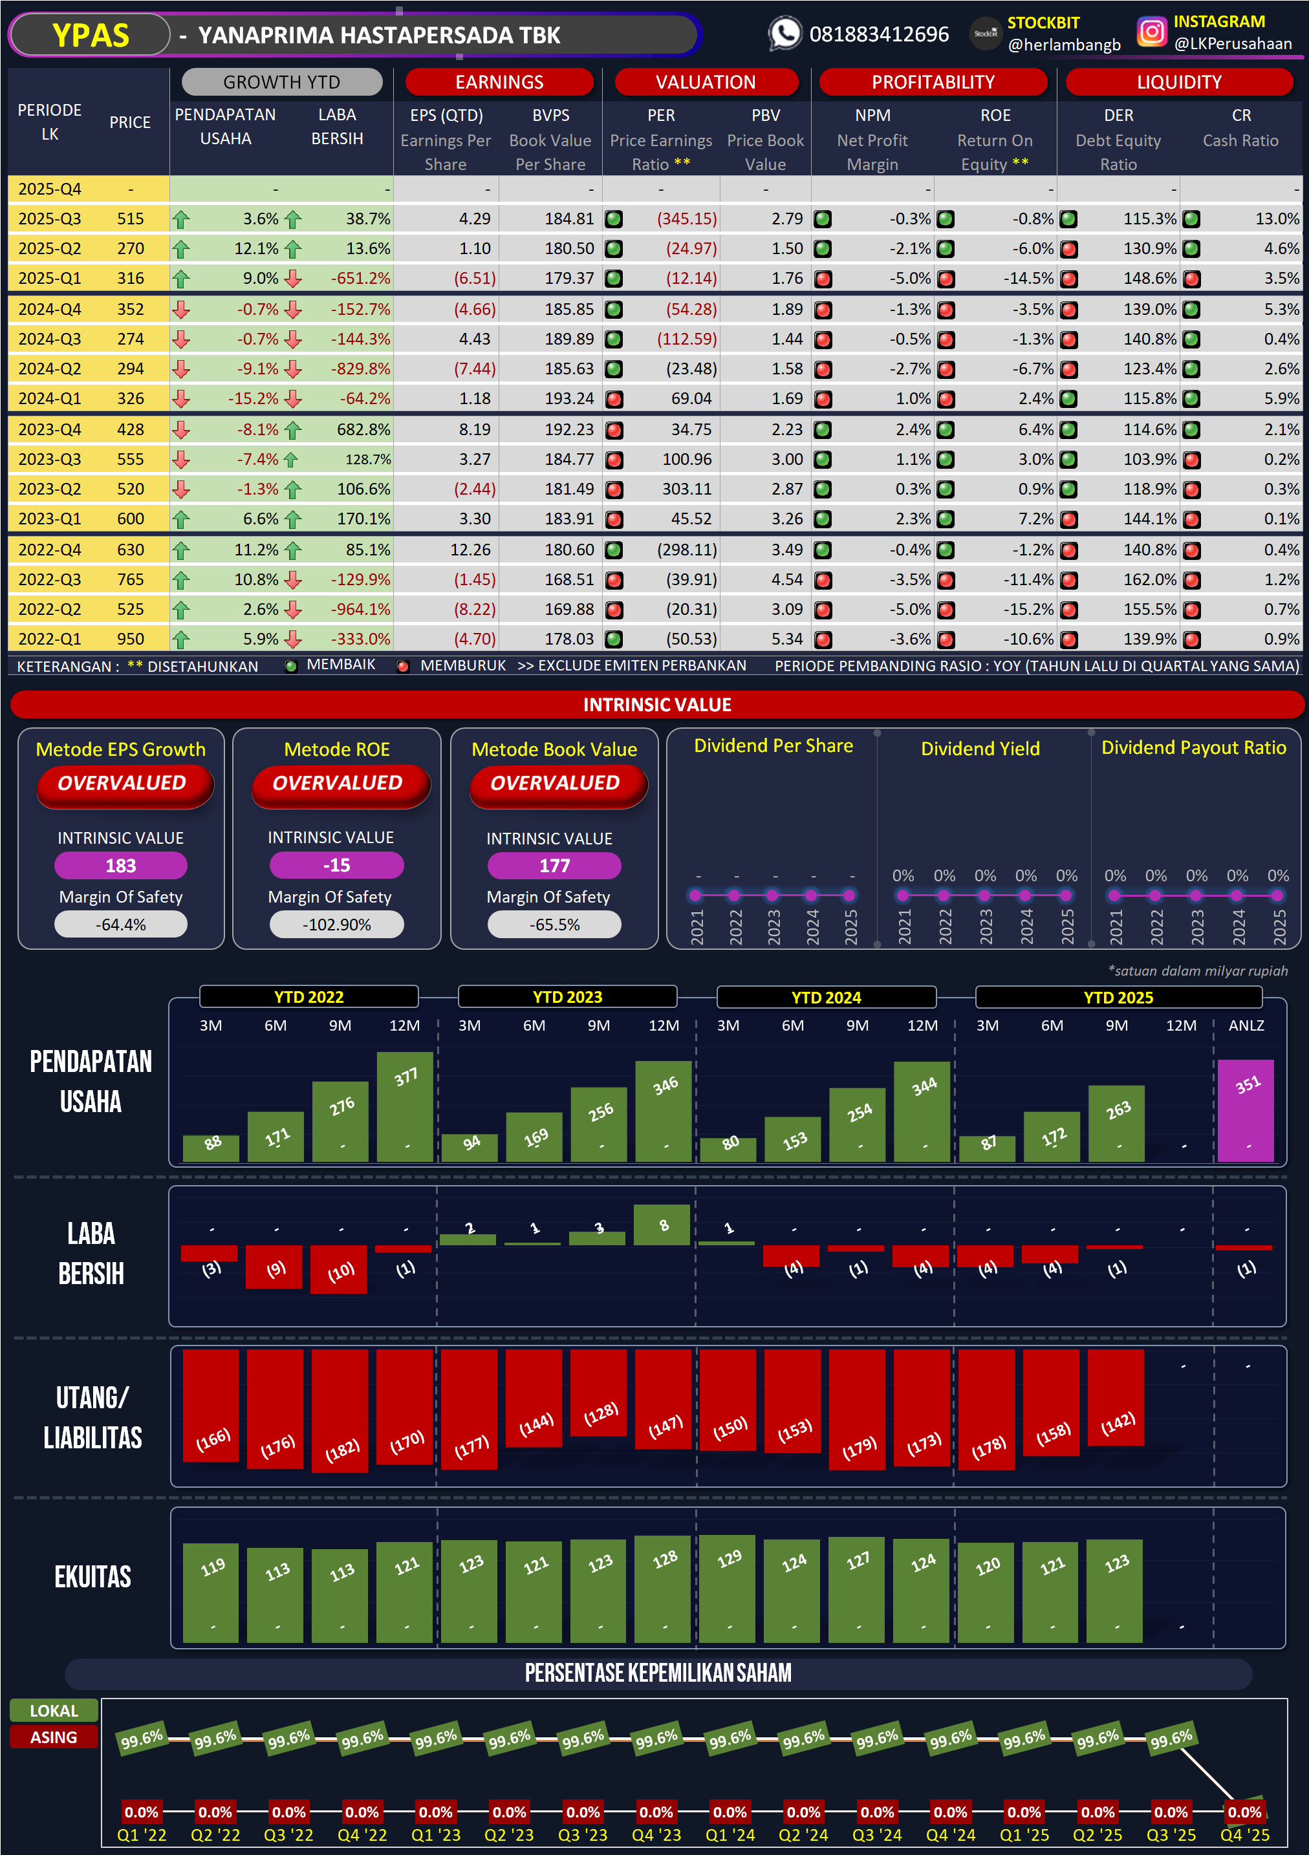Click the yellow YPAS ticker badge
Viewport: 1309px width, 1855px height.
pyautogui.click(x=90, y=36)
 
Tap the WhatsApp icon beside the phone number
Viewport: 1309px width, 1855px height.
pyautogui.click(x=784, y=34)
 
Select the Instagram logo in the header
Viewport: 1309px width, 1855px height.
pyautogui.click(x=1151, y=32)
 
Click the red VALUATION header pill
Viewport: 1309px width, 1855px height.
pyautogui.click(x=706, y=82)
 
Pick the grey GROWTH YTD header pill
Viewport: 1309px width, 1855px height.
pyautogui.click(x=281, y=82)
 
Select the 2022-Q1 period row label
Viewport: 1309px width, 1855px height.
pyautogui.click(x=49, y=639)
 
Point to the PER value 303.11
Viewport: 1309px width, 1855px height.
pyautogui.click(x=687, y=489)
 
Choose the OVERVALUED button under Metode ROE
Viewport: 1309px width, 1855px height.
pyautogui.click(x=337, y=784)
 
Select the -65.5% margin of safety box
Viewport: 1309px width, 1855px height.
pyautogui.click(x=554, y=925)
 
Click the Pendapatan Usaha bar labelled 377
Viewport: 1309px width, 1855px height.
pyautogui.click(x=405, y=1106)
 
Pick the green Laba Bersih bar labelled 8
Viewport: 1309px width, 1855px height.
pyautogui.click(x=662, y=1225)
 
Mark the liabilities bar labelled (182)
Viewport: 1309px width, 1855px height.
pyautogui.click(x=340, y=1410)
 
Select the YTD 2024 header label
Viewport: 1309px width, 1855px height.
pyautogui.click(x=826, y=997)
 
